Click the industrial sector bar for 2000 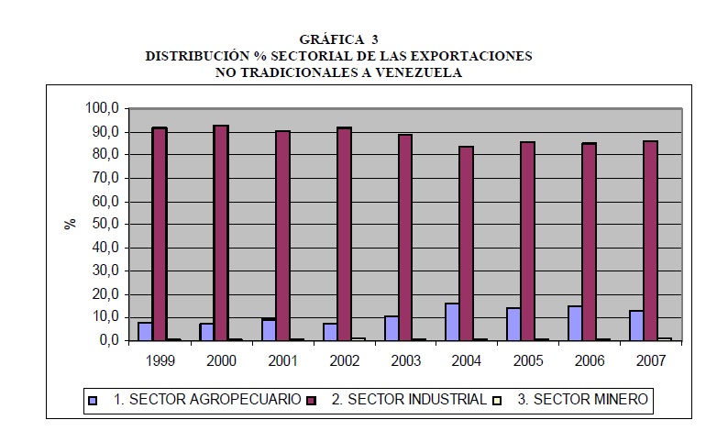coord(221,233)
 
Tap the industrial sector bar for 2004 coord(467,243)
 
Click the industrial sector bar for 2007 coord(651,240)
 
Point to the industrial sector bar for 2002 coord(344,234)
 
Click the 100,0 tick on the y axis coord(102,108)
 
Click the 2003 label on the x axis coord(405,360)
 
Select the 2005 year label coord(528,360)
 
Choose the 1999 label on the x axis coord(160,360)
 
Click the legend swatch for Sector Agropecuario coord(92,400)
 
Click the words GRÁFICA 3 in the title coord(339,39)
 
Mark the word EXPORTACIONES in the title coord(477,56)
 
